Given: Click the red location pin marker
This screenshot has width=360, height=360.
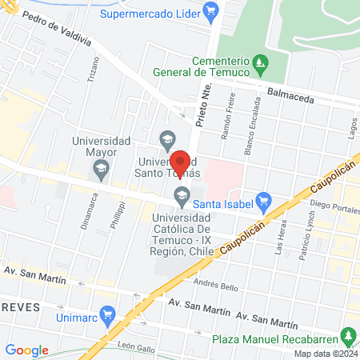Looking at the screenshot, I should (181, 162).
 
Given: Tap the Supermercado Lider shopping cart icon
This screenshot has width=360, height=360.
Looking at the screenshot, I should (210, 11).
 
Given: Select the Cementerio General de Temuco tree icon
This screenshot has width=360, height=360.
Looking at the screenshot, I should (259, 62).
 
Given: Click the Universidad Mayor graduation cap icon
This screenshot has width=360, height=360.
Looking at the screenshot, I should (101, 168).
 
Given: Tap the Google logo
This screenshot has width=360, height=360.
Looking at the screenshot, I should (27, 350).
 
